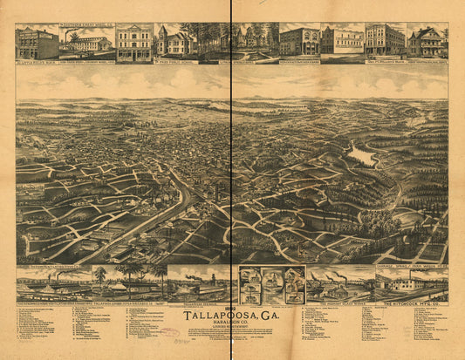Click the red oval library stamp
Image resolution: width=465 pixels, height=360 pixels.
click(x=168, y=331)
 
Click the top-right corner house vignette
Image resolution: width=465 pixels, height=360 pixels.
click(x=428, y=41)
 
